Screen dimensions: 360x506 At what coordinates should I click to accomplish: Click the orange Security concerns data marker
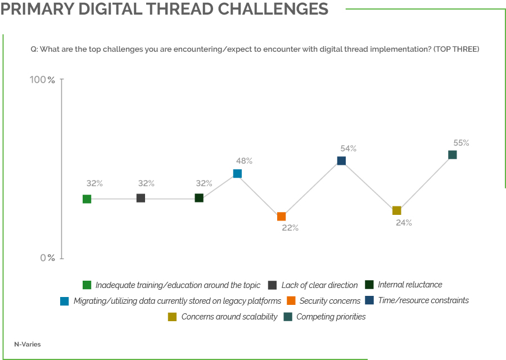pos(281,217)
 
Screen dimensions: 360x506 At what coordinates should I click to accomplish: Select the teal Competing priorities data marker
pos(452,155)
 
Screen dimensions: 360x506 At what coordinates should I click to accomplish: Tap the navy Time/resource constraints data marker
pos(341,161)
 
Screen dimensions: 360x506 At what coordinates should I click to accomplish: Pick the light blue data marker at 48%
pos(237,173)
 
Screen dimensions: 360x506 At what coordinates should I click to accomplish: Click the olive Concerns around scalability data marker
pos(396,210)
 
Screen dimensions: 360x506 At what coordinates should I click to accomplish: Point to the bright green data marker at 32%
pos(87,199)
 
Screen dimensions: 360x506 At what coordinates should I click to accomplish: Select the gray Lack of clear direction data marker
pos(141,198)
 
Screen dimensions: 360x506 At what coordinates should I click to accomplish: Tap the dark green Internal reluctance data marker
pos(199,197)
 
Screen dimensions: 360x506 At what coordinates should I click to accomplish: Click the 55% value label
pos(461,143)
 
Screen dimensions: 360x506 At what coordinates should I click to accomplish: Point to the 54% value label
pos(349,148)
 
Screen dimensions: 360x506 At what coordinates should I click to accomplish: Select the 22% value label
pos(290,228)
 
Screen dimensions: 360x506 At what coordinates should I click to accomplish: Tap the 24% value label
pos(404,222)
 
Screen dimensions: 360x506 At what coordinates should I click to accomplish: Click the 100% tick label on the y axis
pos(43,80)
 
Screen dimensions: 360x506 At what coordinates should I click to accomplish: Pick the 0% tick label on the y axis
pos(47,258)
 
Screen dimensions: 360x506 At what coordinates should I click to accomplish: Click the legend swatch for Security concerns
pos(291,301)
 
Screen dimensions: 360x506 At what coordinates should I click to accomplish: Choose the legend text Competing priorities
pos(331,317)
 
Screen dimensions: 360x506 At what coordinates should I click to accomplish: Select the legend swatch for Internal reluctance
pos(369,285)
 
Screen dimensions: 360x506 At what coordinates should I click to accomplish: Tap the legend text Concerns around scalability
pos(229,317)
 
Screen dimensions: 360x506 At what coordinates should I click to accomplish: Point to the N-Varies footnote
pos(28,344)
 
